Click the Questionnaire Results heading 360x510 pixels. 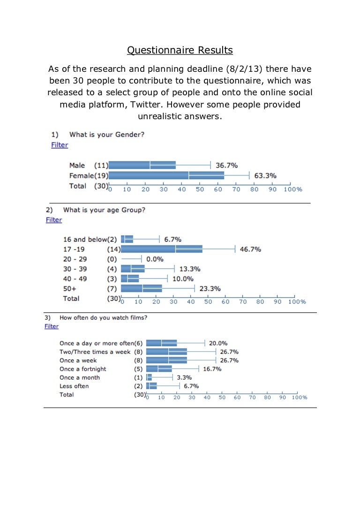(180, 50)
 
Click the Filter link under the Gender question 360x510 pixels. (60, 145)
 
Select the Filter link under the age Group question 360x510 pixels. (54, 220)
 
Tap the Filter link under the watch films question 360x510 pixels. (52, 326)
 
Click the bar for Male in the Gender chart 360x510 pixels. (142, 165)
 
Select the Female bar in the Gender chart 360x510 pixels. (166, 175)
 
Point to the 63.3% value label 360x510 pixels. (265, 176)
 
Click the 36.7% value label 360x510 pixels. (226, 165)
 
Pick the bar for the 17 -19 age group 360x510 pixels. (162, 249)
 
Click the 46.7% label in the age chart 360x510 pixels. (250, 249)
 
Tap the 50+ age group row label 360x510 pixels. (69, 289)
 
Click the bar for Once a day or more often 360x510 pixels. (162, 343)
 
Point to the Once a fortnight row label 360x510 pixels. (80, 369)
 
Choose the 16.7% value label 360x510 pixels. (212, 369)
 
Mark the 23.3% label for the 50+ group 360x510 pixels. (210, 289)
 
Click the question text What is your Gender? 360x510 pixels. (107, 135)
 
